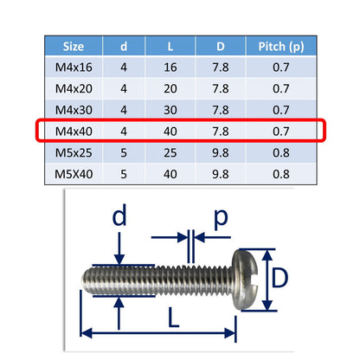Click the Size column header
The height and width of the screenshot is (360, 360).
(74, 47)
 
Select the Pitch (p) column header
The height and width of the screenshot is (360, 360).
(281, 47)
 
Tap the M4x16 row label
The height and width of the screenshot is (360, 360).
(74, 67)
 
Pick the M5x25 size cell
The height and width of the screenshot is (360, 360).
(74, 153)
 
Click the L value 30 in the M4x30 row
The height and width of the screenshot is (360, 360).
(170, 110)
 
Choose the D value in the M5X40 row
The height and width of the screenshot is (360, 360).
(221, 174)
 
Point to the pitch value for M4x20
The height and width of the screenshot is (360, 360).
(281, 89)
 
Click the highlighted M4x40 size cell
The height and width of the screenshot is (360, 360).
(74, 132)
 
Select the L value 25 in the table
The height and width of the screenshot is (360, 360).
(170, 153)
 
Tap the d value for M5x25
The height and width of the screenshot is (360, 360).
(124, 153)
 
